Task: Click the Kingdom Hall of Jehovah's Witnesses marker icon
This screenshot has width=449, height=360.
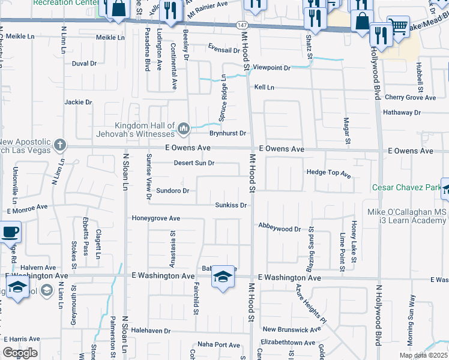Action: tap(184, 127)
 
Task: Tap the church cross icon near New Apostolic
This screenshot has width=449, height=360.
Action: tap(59, 145)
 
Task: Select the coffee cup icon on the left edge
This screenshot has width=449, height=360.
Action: tap(10, 232)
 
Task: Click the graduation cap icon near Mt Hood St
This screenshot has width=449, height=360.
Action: tap(223, 276)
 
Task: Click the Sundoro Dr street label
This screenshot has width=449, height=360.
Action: tap(173, 191)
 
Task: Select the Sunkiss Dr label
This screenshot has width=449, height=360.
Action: tap(231, 205)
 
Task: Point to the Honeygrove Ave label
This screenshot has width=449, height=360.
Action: tap(156, 218)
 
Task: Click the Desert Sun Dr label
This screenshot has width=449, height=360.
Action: tap(194, 163)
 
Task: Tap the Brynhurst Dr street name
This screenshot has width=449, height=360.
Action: tap(228, 133)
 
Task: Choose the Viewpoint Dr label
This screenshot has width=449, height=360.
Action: tap(271, 68)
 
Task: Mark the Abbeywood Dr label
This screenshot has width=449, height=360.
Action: tap(279, 229)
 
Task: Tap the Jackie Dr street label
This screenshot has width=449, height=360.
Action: tap(78, 102)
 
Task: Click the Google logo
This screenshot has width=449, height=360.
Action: tap(20, 353)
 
